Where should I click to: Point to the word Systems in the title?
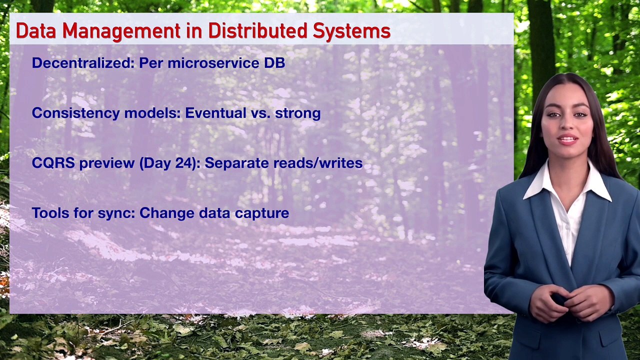(x=351, y=32)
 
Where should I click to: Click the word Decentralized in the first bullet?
(x=83, y=62)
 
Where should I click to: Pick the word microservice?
(x=213, y=63)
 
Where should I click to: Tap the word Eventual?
(x=215, y=113)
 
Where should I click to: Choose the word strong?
(x=297, y=113)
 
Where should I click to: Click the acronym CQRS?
(x=53, y=163)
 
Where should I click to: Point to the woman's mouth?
(x=567, y=140)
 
